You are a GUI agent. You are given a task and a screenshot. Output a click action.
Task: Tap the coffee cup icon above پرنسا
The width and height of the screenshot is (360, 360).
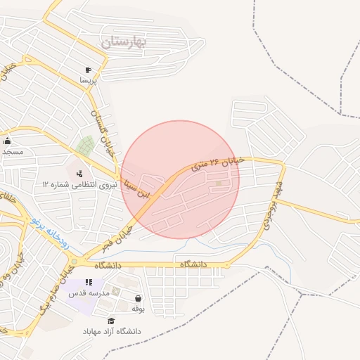[88, 70]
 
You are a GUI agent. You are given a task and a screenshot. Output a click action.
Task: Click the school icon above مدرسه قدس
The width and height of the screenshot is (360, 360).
[89, 283]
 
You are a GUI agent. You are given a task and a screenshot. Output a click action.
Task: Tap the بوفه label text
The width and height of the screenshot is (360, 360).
[138, 308]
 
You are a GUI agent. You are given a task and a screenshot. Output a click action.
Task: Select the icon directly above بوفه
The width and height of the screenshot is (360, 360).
[138, 298]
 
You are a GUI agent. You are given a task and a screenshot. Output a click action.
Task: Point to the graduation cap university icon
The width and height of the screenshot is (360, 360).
[111, 321]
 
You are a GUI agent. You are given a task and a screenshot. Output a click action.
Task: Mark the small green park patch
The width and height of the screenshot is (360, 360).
[86, 146]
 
